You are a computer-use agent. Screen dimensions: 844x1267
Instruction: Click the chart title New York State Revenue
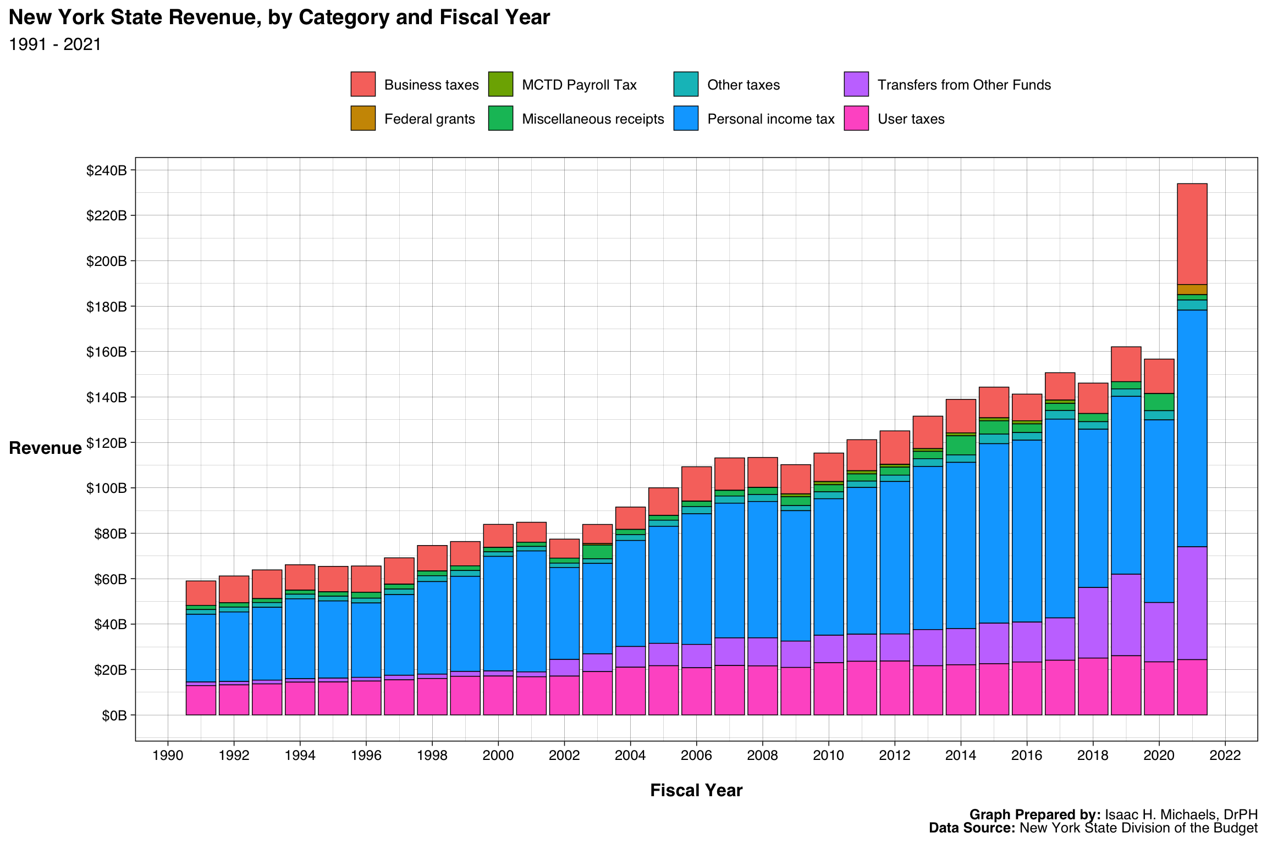click(279, 18)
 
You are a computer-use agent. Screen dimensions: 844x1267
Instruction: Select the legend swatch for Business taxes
click(363, 84)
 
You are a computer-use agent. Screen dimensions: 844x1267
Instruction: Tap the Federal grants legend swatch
click(363, 118)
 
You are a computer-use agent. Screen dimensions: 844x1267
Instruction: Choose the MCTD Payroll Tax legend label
click(579, 85)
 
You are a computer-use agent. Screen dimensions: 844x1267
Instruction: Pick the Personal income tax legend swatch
click(686, 118)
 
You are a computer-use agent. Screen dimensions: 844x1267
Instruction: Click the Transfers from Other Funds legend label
click(963, 85)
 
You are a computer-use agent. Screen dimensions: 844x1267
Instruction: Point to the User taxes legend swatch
click(856, 118)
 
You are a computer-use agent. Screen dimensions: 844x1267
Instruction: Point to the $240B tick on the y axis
click(106, 170)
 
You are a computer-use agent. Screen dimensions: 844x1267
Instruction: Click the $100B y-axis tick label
click(106, 488)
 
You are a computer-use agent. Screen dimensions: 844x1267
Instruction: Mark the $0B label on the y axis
click(114, 715)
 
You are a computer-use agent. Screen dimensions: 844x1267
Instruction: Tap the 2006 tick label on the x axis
click(696, 755)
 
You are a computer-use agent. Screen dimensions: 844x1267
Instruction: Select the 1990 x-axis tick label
click(168, 755)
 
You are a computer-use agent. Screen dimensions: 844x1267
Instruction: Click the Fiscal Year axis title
click(696, 790)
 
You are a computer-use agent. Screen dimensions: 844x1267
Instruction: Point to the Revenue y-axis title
click(45, 448)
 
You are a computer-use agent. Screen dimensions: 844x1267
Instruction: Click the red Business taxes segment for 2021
click(1192, 234)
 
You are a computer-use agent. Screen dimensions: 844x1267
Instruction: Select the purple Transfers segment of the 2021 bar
click(1192, 603)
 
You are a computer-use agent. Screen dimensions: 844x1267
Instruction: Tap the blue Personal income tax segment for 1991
click(201, 648)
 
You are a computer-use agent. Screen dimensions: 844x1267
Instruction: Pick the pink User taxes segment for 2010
click(828, 688)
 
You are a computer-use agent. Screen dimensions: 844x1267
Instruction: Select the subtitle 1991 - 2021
click(55, 45)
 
